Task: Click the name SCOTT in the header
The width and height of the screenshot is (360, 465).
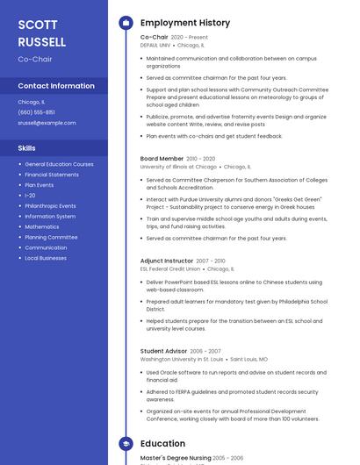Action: [x=38, y=25]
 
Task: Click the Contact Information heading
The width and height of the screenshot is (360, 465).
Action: [x=56, y=86]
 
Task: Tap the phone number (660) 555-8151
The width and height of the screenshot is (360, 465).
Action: [x=36, y=112]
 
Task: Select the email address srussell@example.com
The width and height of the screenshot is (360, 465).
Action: [x=47, y=123]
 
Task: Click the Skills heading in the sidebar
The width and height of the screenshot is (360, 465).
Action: [x=27, y=148]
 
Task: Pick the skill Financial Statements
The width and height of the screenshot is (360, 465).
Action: [x=51, y=175]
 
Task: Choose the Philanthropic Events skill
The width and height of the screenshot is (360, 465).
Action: [x=50, y=206]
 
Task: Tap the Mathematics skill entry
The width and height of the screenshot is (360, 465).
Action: [x=42, y=226]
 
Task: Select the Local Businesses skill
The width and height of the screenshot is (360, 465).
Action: [x=46, y=258]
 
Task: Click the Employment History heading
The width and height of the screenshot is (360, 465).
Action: [x=185, y=23]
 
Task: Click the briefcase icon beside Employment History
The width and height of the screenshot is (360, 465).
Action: [x=126, y=23]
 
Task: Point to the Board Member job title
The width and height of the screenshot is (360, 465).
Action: [x=162, y=159]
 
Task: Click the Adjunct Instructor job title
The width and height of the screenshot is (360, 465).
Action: [x=167, y=261]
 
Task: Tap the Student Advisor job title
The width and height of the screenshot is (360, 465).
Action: [x=163, y=351]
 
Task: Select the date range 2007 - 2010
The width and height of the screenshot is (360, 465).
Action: [x=210, y=261]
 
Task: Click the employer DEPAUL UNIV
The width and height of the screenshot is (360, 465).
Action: [x=155, y=45]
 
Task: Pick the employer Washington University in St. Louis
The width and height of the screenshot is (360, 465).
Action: [x=182, y=359]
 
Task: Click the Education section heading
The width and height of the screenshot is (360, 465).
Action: [x=162, y=444]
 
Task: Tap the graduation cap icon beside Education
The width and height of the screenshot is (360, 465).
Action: [x=126, y=444]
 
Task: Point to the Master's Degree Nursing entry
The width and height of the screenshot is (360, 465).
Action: [x=175, y=458]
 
